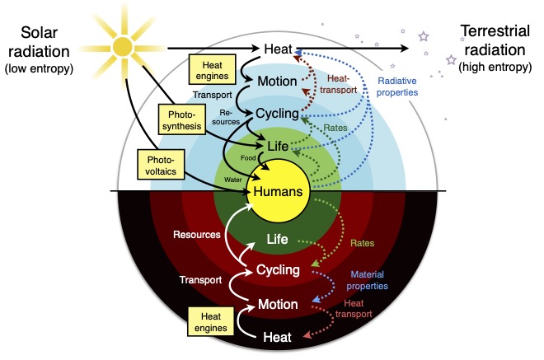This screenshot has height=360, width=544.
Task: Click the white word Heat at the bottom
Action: (x=277, y=336)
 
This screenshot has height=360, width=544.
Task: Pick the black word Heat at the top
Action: (x=277, y=48)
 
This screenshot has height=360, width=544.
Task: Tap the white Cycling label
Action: (x=277, y=269)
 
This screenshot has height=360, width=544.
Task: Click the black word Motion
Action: (x=277, y=82)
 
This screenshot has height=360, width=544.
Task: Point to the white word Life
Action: (x=277, y=239)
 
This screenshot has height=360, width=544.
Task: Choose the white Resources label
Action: (x=196, y=235)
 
